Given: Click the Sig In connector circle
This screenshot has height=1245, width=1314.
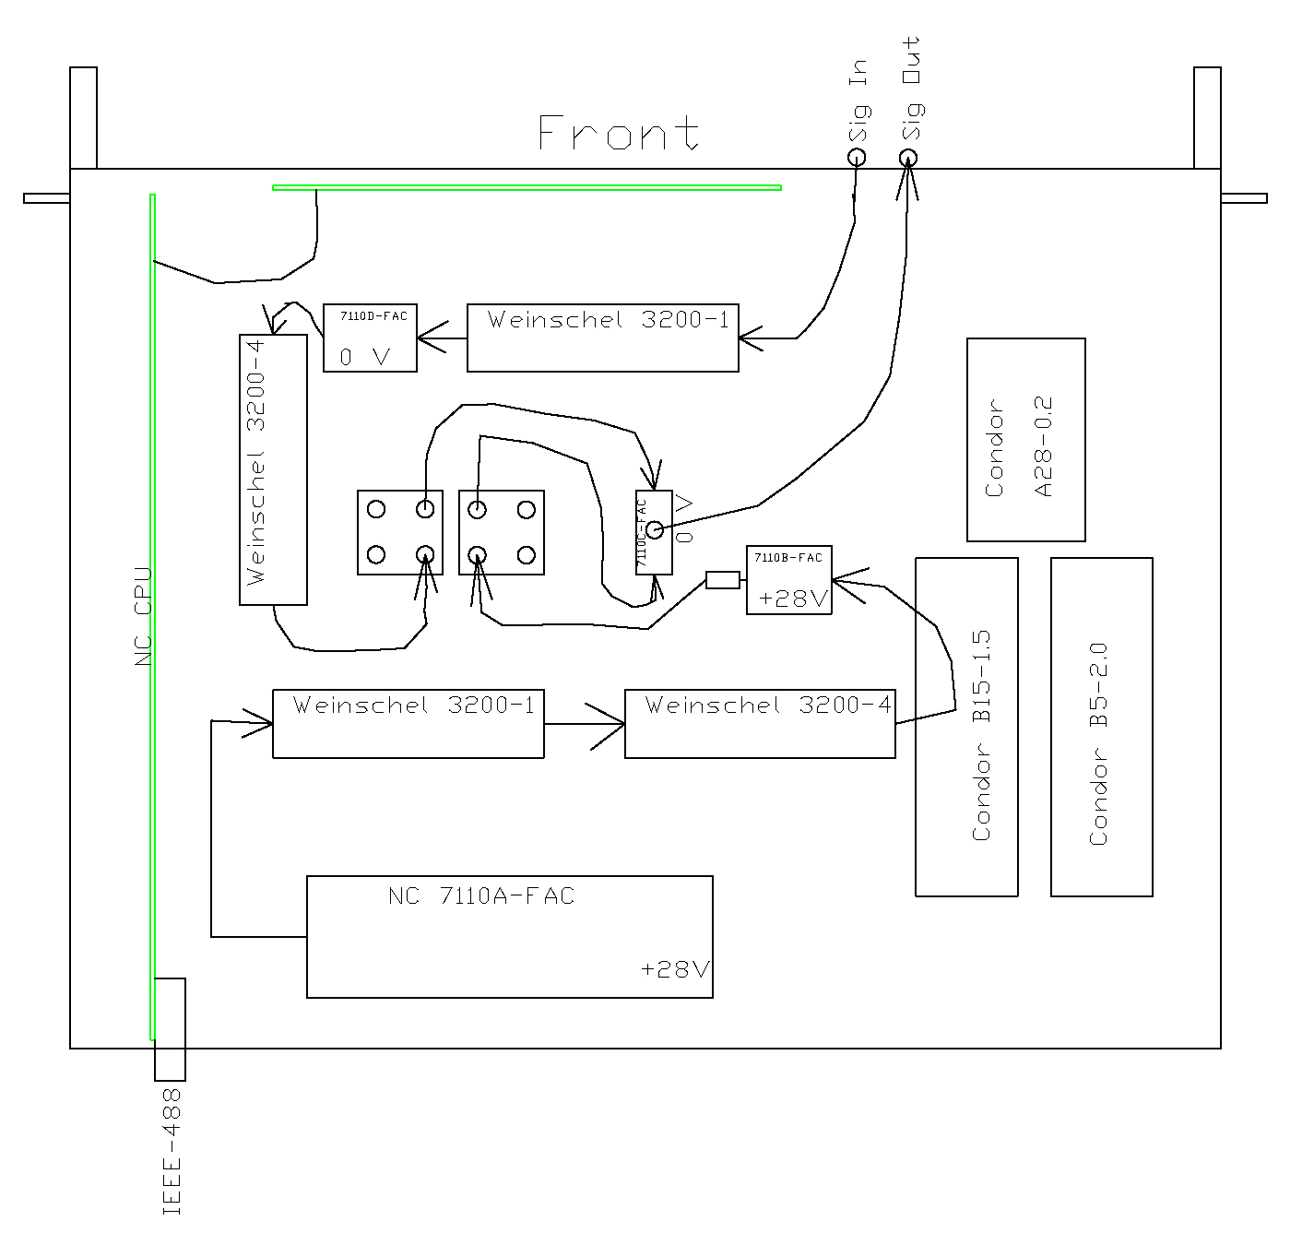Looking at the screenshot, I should click(857, 157).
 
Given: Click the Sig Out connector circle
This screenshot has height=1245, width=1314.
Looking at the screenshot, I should click(908, 158).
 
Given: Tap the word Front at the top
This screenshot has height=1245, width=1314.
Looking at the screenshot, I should click(618, 133).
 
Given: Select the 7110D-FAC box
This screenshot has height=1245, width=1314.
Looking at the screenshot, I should click(370, 338).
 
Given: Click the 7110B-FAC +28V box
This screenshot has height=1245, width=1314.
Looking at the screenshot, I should click(788, 580).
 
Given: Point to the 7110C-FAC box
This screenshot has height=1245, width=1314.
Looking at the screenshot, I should click(654, 533).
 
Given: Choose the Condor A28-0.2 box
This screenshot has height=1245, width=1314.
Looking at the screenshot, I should click(1025, 440).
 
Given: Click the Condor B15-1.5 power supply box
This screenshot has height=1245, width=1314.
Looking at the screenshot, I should click(966, 727).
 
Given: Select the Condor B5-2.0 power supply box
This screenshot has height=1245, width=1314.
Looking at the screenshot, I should click(1101, 727).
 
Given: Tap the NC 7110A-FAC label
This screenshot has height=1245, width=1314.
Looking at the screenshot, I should click(480, 896).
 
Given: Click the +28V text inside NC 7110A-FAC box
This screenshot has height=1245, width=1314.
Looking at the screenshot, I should click(675, 970).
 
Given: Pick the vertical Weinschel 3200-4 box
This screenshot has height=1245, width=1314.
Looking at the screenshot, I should click(273, 469).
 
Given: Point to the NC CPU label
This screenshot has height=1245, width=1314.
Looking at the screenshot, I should click(142, 616).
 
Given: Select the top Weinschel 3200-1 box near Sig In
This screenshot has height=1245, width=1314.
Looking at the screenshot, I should click(602, 338).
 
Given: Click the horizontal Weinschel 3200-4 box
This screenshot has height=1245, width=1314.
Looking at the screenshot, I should click(760, 724).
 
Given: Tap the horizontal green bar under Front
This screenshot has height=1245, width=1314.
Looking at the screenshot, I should click(527, 188).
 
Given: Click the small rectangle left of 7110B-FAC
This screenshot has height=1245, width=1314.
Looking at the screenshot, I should click(722, 580).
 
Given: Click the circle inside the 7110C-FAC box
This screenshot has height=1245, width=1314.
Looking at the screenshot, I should click(654, 529).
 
